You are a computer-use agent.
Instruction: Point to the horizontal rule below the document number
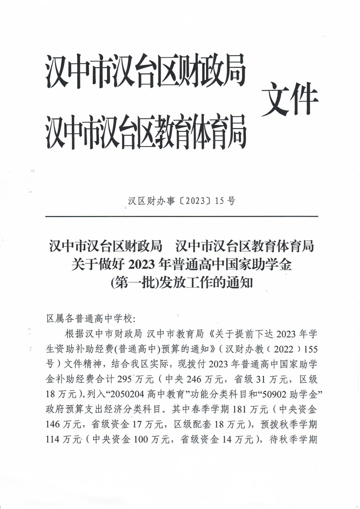pyautogui.click(x=182, y=216)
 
